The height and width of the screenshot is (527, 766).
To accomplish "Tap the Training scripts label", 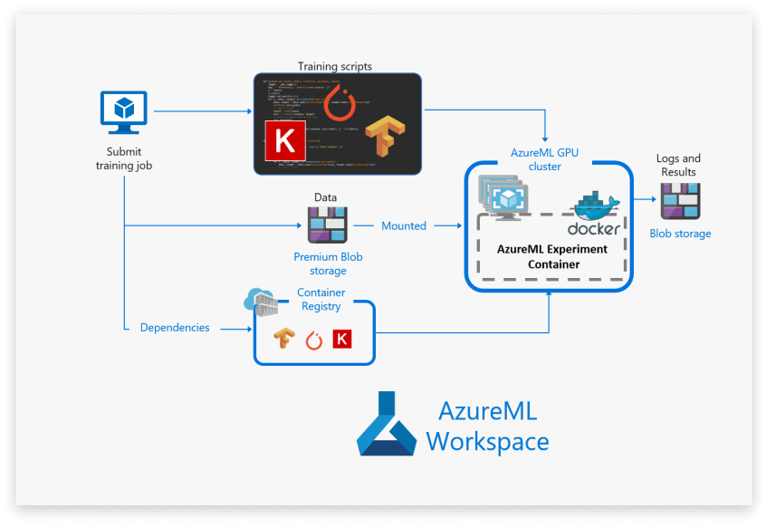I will pos(335,66).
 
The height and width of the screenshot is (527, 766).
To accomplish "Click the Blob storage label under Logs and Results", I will pos(680,234).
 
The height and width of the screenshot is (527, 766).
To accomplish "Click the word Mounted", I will pos(404,225).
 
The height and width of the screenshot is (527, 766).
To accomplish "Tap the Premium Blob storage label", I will pos(328,263).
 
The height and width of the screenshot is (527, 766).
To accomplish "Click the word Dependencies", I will pos(175,327).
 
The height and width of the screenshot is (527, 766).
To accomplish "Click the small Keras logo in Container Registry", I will pos(342,339).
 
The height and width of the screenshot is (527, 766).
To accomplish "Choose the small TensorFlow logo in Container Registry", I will pos(284,339).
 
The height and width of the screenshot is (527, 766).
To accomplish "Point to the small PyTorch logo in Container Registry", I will pos(313,340).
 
